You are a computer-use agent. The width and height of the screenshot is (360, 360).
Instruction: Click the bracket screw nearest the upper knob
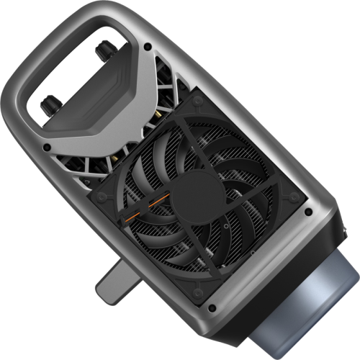[147, 47]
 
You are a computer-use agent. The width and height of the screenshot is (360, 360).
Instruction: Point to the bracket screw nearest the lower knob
[47, 147]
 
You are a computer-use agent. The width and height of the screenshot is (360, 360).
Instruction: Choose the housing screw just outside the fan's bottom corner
[211, 308]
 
